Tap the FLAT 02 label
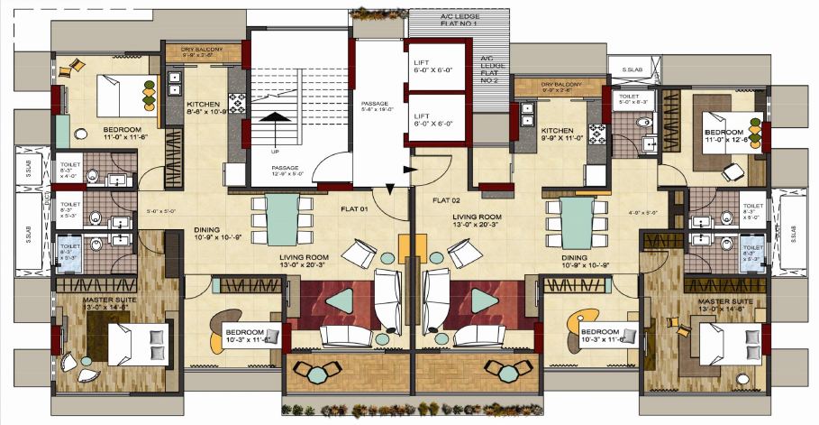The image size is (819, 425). click(446, 199)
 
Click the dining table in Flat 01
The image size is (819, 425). click(283, 218)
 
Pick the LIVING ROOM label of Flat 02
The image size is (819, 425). click(478, 221)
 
